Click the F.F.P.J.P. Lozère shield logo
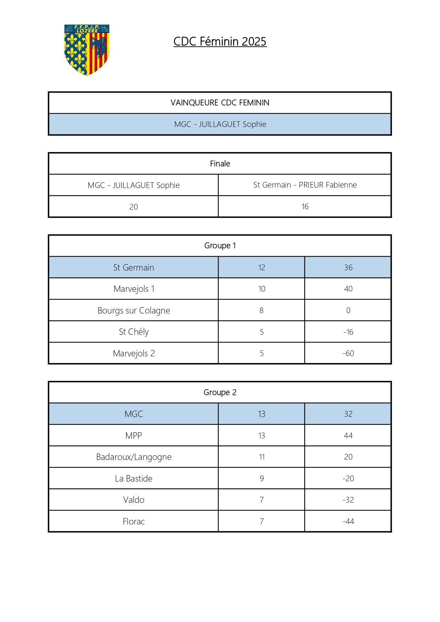(87, 50)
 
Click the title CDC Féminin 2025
(220, 41)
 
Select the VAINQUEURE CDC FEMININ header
(220, 103)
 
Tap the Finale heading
(220, 163)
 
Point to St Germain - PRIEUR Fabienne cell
(305, 185)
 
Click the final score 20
(133, 207)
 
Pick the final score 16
(305, 206)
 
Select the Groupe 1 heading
(220, 245)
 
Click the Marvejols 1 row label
(134, 289)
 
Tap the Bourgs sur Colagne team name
(134, 311)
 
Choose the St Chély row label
(134, 332)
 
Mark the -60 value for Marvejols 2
(348, 353)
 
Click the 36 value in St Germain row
(348, 267)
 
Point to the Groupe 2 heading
(220, 392)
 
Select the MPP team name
(134, 435)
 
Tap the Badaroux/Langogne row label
(134, 457)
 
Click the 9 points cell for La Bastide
(262, 478)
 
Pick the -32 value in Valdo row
(348, 500)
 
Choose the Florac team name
(134, 521)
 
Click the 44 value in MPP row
(348, 435)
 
